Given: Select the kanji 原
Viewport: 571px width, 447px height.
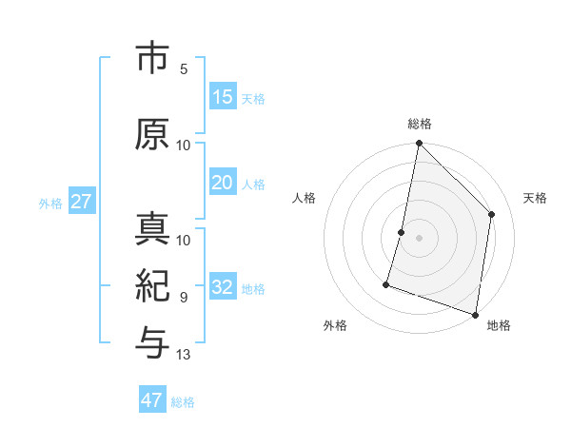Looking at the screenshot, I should pos(152,134).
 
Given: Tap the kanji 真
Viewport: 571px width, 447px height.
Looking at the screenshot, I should pos(152,232).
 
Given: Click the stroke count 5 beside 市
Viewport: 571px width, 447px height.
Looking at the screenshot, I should pos(183,69).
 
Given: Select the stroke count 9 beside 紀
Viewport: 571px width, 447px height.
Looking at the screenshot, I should pos(183,298).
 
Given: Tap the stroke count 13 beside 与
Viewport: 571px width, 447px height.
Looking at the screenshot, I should pos(184,355).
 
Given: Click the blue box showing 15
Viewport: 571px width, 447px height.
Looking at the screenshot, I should pos(222,96).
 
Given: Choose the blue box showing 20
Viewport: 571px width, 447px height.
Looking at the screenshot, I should pos(222,183).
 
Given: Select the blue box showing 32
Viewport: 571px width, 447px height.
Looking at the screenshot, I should pos(222,287).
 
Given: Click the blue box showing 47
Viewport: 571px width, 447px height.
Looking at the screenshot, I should pos(152,399).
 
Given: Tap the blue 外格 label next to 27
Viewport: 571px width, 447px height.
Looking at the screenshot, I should pos(50,203).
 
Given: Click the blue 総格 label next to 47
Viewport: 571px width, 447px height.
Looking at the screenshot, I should pos(183,402).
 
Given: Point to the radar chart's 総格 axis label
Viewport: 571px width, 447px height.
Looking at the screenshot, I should pos(420,124).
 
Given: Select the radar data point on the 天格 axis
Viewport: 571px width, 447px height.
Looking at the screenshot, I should pos(492,214).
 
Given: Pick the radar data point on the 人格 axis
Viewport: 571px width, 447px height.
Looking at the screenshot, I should pos(402,232).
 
